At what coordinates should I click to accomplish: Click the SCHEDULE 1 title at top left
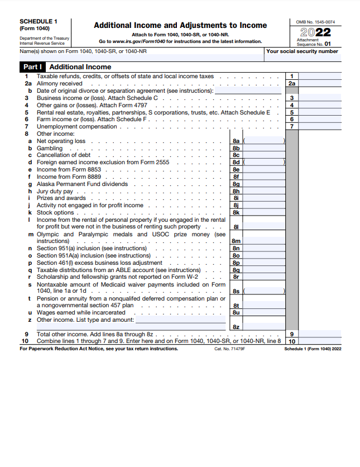point(38,21)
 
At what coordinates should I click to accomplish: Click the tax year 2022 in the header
point(315,32)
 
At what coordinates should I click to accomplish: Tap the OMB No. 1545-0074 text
point(315,22)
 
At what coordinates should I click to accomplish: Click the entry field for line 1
point(320,76)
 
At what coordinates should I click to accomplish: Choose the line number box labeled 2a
point(292,83)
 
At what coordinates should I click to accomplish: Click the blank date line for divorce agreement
point(248,90)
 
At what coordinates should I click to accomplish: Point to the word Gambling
point(50,148)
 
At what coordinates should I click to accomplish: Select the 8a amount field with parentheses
point(264,141)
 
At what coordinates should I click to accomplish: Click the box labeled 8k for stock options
point(236,212)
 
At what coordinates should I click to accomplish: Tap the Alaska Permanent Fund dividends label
point(82,184)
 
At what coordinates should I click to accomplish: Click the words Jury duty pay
point(55,191)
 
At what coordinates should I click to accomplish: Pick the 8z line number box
point(236,327)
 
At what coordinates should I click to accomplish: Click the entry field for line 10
point(320,341)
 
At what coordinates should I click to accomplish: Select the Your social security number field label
point(302,51)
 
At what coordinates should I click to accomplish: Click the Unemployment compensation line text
point(76,126)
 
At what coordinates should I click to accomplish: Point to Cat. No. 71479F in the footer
point(229,349)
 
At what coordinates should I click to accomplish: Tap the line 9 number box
point(292,334)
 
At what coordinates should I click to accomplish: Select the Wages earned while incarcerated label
point(81,313)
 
